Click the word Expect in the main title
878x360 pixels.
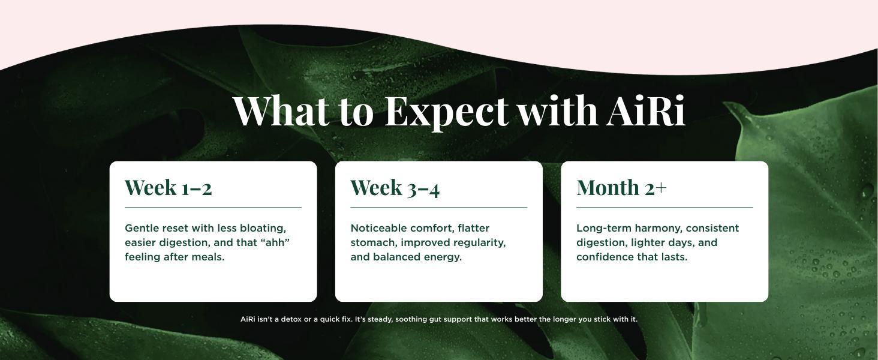447,111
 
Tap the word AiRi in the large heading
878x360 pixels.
646,110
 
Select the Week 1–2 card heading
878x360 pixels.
168,187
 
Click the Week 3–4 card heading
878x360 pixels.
395,187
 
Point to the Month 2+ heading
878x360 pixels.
621,187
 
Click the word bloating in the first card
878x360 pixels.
263,229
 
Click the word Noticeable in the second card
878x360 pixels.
378,228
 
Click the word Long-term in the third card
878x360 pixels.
603,229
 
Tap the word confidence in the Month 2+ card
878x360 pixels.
605,257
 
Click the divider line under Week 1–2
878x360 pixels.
214,208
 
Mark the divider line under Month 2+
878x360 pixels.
664,208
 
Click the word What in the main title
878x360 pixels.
281,110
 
